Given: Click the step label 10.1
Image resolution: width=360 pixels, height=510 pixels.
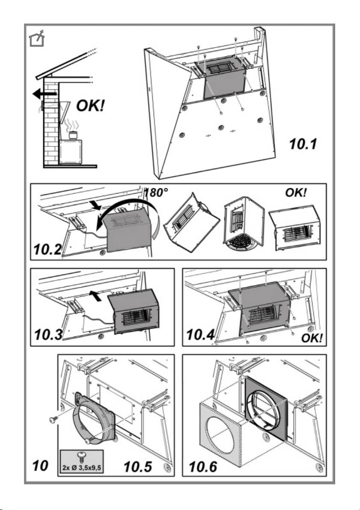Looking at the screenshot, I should coord(302,144).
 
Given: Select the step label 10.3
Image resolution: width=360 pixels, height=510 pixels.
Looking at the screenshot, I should coord(48,334).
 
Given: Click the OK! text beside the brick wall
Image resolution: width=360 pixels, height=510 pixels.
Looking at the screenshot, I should coord(90,105).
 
